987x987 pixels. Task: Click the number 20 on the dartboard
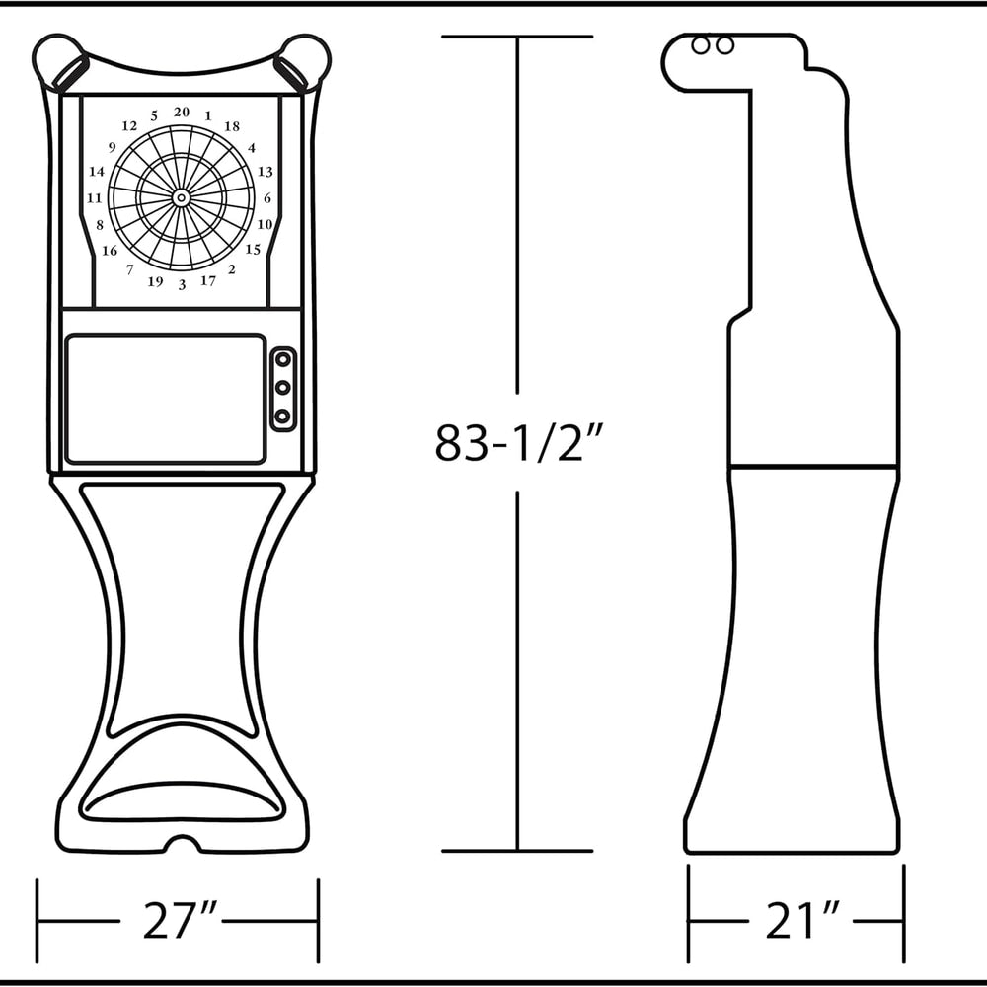click(x=182, y=113)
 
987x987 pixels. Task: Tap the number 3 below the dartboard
click(x=182, y=285)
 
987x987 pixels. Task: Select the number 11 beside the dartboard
click(x=95, y=198)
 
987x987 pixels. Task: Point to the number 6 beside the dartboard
click(x=267, y=198)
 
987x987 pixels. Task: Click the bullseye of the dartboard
click(x=182, y=198)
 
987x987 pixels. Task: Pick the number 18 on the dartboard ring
click(x=232, y=126)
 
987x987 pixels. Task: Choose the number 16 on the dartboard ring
click(x=110, y=251)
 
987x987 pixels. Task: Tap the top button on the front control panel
click(x=283, y=360)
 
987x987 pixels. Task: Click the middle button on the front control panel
click(x=283, y=388)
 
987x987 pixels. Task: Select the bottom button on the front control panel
click(x=283, y=417)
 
